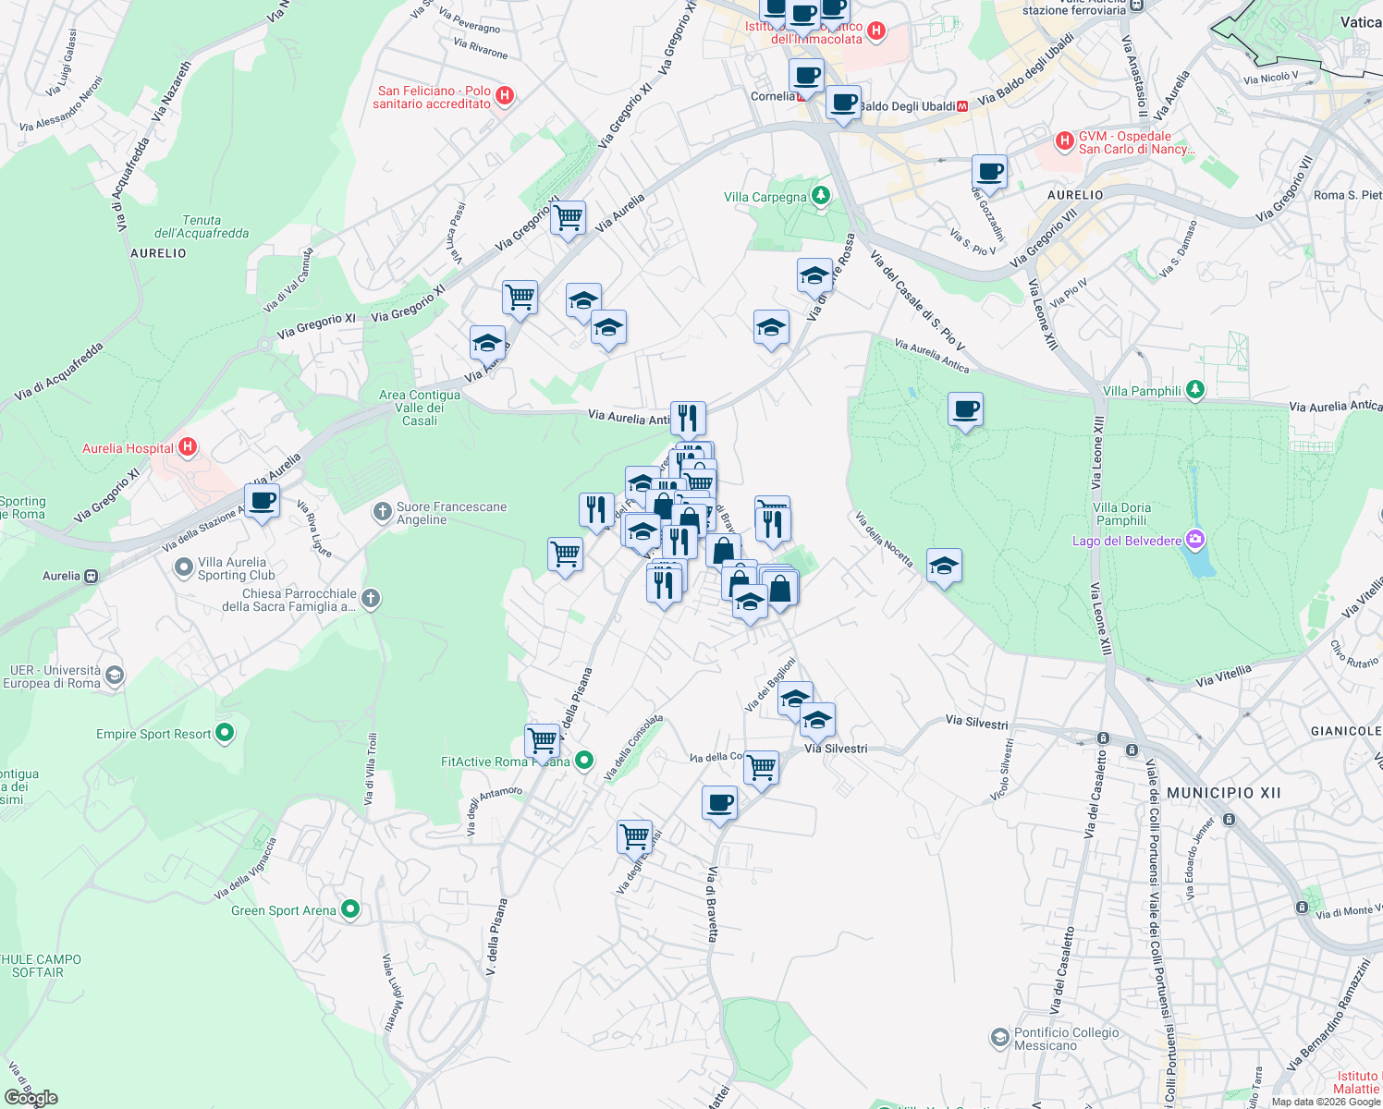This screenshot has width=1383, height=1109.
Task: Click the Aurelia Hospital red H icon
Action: tap(188, 448)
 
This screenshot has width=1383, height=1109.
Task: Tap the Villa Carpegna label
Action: tap(765, 197)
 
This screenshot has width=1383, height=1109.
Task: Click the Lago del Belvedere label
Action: tap(1126, 541)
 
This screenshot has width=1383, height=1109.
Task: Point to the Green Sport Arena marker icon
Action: tap(350, 909)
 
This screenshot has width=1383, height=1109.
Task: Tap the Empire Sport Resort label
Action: tap(153, 734)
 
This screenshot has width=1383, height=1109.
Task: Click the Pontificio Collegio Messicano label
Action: tap(1066, 1039)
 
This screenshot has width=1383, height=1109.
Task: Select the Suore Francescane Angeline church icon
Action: tap(382, 511)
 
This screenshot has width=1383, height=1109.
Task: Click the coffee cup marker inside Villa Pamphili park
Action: tap(965, 409)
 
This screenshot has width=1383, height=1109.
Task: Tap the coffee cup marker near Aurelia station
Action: tap(263, 502)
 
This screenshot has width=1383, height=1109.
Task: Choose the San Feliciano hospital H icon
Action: tap(505, 95)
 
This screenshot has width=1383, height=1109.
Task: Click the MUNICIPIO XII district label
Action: tap(1224, 793)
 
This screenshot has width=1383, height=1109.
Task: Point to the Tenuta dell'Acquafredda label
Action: tap(202, 226)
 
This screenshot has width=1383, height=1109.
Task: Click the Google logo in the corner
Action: tap(31, 1098)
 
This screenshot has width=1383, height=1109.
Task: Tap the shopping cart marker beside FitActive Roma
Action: tap(542, 740)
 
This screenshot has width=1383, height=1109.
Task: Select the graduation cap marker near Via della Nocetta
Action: tap(943, 566)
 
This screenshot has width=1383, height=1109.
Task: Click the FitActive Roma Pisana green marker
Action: tap(583, 761)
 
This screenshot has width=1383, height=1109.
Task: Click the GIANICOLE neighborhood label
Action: tap(1345, 731)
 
